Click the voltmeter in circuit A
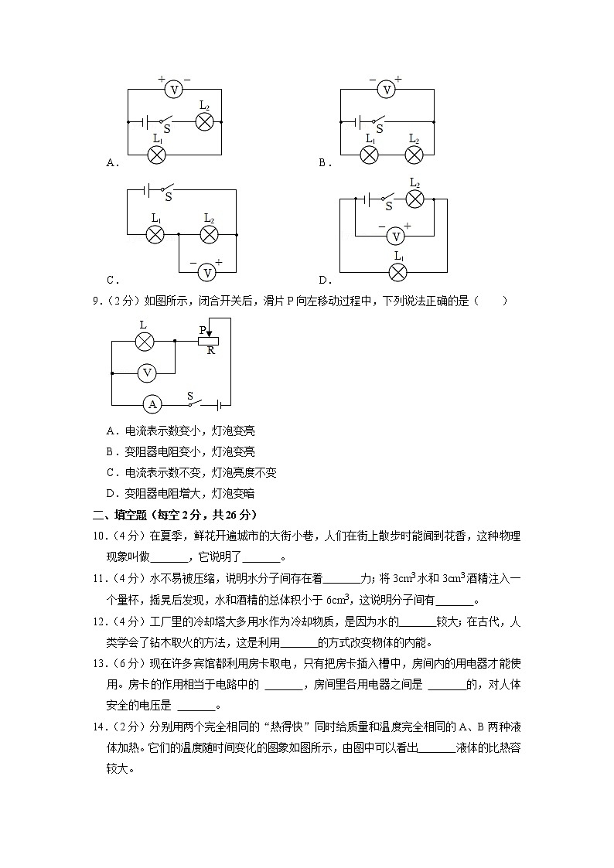click(x=174, y=90)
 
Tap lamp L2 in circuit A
click(x=204, y=121)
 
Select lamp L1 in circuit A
click(x=157, y=154)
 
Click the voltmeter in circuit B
click(x=386, y=90)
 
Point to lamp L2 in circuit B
click(x=414, y=154)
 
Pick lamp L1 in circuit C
click(x=155, y=233)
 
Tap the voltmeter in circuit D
click(x=395, y=236)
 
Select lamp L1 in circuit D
click(x=397, y=271)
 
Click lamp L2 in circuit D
click(x=415, y=199)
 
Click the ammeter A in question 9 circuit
click(x=152, y=403)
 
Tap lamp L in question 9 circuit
click(x=143, y=341)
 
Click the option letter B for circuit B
click(x=322, y=162)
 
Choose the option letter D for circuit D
click(x=322, y=280)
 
